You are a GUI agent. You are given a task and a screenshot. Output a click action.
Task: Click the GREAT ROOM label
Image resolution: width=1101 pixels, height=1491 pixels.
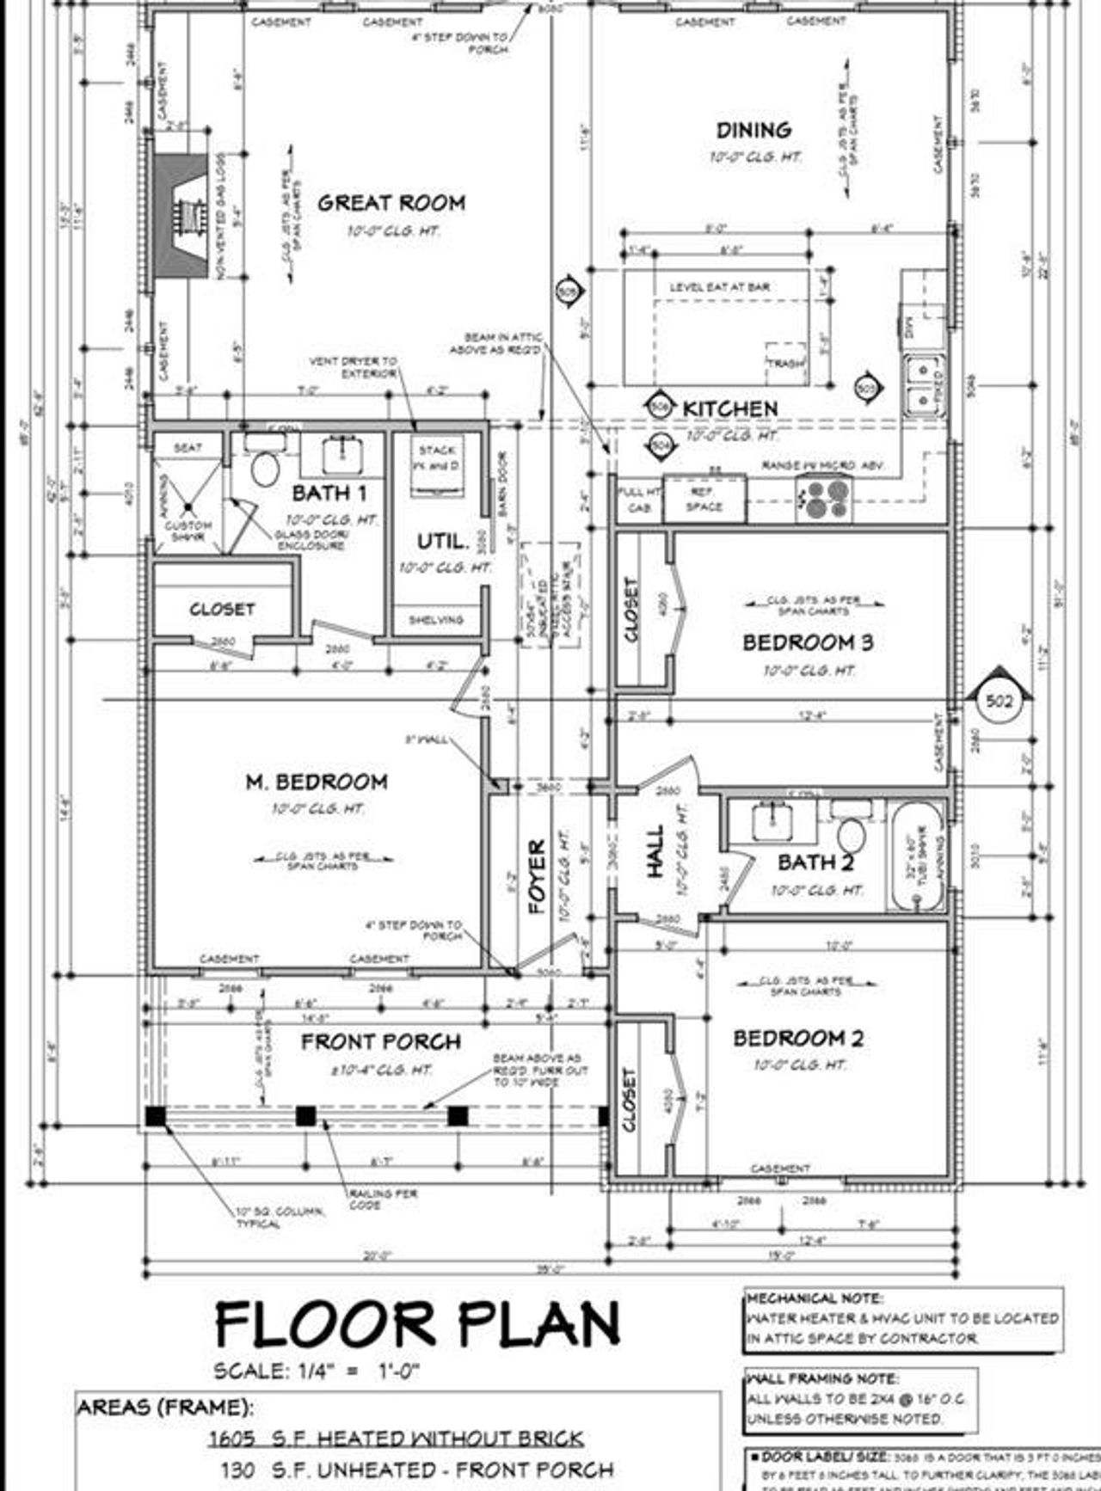tap(391, 204)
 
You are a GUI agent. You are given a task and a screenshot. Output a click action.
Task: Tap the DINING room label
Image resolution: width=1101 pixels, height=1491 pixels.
tap(753, 131)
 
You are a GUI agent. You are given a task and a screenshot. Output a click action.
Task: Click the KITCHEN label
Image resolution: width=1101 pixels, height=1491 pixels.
tap(730, 408)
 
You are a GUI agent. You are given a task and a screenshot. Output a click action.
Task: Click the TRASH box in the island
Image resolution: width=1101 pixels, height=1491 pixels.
tap(785, 364)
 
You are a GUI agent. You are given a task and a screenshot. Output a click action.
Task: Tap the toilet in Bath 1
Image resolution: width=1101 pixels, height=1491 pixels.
tap(264, 469)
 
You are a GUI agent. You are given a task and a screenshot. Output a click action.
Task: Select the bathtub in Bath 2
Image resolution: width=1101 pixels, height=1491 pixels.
tap(918, 856)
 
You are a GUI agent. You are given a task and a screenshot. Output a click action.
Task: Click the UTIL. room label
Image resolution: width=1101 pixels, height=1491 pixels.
tap(443, 542)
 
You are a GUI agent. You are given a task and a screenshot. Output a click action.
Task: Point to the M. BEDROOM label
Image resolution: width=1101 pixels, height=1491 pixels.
tap(317, 782)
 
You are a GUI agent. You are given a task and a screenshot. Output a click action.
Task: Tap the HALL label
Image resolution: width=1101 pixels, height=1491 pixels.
tap(655, 851)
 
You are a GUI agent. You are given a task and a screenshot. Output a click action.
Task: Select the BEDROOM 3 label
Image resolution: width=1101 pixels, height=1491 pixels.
tap(808, 643)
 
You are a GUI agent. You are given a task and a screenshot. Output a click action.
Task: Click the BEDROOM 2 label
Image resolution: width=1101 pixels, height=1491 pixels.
tap(798, 1039)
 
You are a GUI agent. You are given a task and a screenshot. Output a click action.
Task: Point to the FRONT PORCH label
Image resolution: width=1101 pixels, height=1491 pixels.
tap(381, 1042)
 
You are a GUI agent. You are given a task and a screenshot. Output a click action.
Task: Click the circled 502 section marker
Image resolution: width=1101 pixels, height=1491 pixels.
tap(999, 701)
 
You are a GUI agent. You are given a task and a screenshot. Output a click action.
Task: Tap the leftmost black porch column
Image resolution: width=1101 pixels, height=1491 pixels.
tap(155, 1116)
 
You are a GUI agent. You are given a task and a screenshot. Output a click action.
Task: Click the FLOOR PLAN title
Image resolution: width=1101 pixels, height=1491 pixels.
tap(418, 1324)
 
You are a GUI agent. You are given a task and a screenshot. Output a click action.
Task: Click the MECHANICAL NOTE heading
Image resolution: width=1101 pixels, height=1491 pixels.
tap(814, 1298)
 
